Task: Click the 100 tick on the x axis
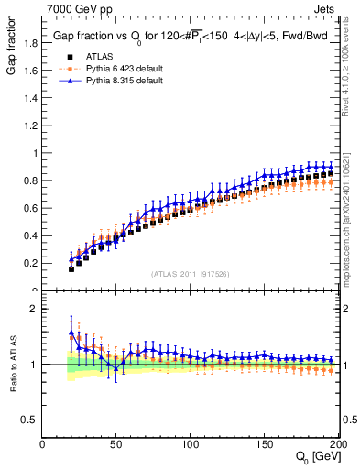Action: pyautogui.click(x=191, y=444)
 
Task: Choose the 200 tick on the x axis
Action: pyautogui.click(x=338, y=444)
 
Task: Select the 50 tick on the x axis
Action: pyautogui.click(x=116, y=444)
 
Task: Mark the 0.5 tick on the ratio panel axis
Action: pyautogui.click(x=30, y=420)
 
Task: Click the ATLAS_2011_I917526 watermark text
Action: pyautogui.click(x=190, y=274)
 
